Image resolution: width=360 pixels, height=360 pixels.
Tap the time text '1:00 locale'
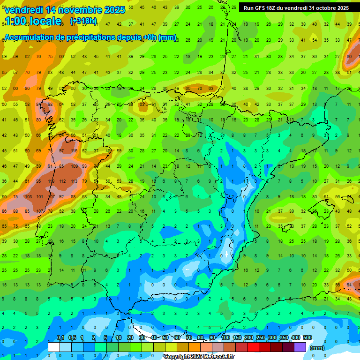pyautogui.click(x=33, y=21)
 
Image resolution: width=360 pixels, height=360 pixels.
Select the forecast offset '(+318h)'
pyautogui.click(x=83, y=21)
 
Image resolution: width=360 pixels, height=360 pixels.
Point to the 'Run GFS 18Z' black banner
pyautogui.click(x=296, y=8)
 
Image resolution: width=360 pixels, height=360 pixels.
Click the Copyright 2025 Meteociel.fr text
pyautogui.click(x=199, y=357)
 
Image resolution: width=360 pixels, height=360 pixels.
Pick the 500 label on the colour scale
pyautogui.click(x=307, y=337)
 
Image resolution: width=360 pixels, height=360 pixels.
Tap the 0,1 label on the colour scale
pyautogui.click(x=60, y=337)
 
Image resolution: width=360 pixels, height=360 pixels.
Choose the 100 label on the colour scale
pyautogui.click(x=225, y=337)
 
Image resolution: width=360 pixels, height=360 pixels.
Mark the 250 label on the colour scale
pyautogui.click(x=260, y=337)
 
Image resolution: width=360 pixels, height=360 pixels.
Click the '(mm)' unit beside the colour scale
pyautogui.click(x=317, y=348)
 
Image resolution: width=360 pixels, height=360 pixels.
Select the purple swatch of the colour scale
pyautogui.click(x=300, y=347)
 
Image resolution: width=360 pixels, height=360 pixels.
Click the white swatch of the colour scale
pyautogui.click(x=54, y=347)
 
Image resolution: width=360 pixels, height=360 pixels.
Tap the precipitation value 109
pyautogui.click(x=74, y=166)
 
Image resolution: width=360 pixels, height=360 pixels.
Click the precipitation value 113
pyautogui.click(x=74, y=181)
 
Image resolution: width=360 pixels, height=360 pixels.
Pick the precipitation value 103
pyautogui.click(x=28, y=196)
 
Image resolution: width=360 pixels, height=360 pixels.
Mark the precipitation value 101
pyautogui.click(x=39, y=196)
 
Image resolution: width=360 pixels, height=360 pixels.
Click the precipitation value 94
pyautogui.click(x=349, y=285)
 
